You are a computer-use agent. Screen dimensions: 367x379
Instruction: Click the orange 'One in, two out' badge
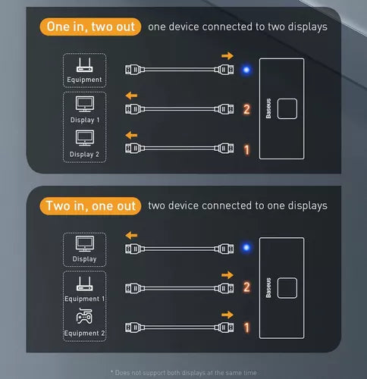tap(90, 27)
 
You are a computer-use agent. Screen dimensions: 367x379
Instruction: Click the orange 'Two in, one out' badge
tap(90, 206)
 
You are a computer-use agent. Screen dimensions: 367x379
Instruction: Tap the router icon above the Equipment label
tap(85, 65)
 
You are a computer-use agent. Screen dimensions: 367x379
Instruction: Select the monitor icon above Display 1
tap(85, 104)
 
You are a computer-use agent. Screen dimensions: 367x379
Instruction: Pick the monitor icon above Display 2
tap(85, 138)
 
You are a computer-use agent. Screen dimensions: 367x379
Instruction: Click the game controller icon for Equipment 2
tap(84, 316)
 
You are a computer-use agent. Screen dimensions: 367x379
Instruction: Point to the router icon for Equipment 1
tap(85, 283)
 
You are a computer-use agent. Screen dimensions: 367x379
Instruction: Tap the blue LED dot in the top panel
tap(246, 70)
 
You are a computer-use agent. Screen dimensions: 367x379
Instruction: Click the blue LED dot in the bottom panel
tap(246, 247)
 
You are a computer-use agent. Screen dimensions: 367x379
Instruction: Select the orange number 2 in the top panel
tap(246, 109)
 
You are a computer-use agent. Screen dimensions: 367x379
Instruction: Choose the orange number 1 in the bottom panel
tap(246, 327)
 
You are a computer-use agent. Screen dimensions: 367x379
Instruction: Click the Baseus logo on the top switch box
tap(268, 108)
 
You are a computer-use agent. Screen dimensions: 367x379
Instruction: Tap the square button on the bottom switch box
tap(287, 288)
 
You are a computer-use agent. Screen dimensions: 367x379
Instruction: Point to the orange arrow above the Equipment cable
tap(227, 56)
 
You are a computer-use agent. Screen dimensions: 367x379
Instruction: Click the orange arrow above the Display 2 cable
tap(131, 135)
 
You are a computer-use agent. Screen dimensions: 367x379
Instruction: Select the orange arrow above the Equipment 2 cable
tap(227, 315)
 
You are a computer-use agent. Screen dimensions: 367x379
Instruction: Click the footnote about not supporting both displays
tap(183, 373)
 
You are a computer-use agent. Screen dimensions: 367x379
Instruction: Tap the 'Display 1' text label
tap(85, 120)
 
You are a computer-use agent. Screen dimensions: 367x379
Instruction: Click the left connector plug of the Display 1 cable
tap(135, 109)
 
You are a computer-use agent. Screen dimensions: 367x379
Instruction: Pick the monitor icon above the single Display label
tap(85, 244)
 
